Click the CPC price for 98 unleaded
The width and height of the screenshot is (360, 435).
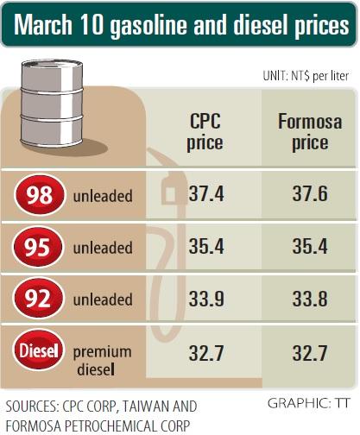coord(206,193)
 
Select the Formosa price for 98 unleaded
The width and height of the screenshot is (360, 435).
coord(310,193)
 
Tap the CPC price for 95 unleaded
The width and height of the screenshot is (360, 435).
coord(206,247)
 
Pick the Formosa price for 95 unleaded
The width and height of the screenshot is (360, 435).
coord(310,247)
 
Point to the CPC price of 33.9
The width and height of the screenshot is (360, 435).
coord(206,299)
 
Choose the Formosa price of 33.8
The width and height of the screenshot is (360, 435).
coord(310,299)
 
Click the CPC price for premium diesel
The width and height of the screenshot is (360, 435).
coord(206,353)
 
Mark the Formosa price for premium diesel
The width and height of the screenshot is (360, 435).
coord(310,353)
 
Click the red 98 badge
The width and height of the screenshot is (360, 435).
coord(39,195)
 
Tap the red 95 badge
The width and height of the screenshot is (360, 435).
coord(37,247)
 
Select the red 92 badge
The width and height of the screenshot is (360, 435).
coord(38,299)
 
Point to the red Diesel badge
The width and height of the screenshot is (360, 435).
coord(39,350)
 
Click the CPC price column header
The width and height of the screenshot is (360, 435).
coord(205,132)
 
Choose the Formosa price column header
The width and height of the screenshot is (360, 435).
coord(310,132)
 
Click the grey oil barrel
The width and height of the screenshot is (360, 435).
coord(52,104)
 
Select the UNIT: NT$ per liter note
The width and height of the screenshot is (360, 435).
coord(306,76)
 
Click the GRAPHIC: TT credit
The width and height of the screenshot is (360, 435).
coord(308,403)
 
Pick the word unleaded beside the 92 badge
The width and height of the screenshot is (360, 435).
coord(103,299)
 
